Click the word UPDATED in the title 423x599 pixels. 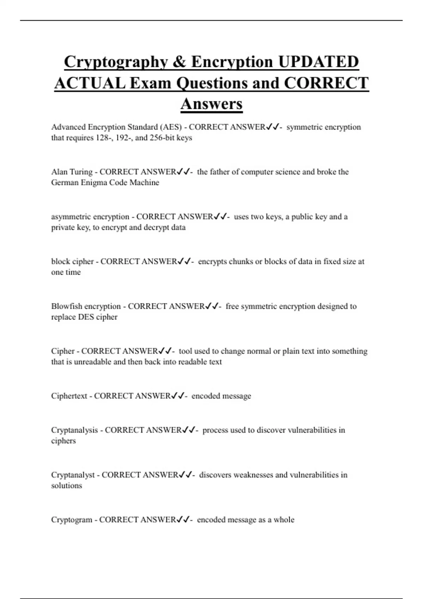pos(318,62)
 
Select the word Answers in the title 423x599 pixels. pos(211,104)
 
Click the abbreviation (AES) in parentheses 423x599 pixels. pos(171,127)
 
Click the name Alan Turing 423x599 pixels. pos(72,172)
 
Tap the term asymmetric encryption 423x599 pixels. pos(90,217)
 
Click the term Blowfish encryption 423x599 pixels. pos(86,306)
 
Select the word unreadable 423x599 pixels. pos(93,362)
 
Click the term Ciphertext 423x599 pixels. pos(69,396)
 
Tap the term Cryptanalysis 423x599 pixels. pos(74,430)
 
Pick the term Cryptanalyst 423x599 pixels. pos(73,475)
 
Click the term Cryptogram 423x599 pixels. pos(72,520)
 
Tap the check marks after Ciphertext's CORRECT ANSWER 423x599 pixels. pos(178,396)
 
